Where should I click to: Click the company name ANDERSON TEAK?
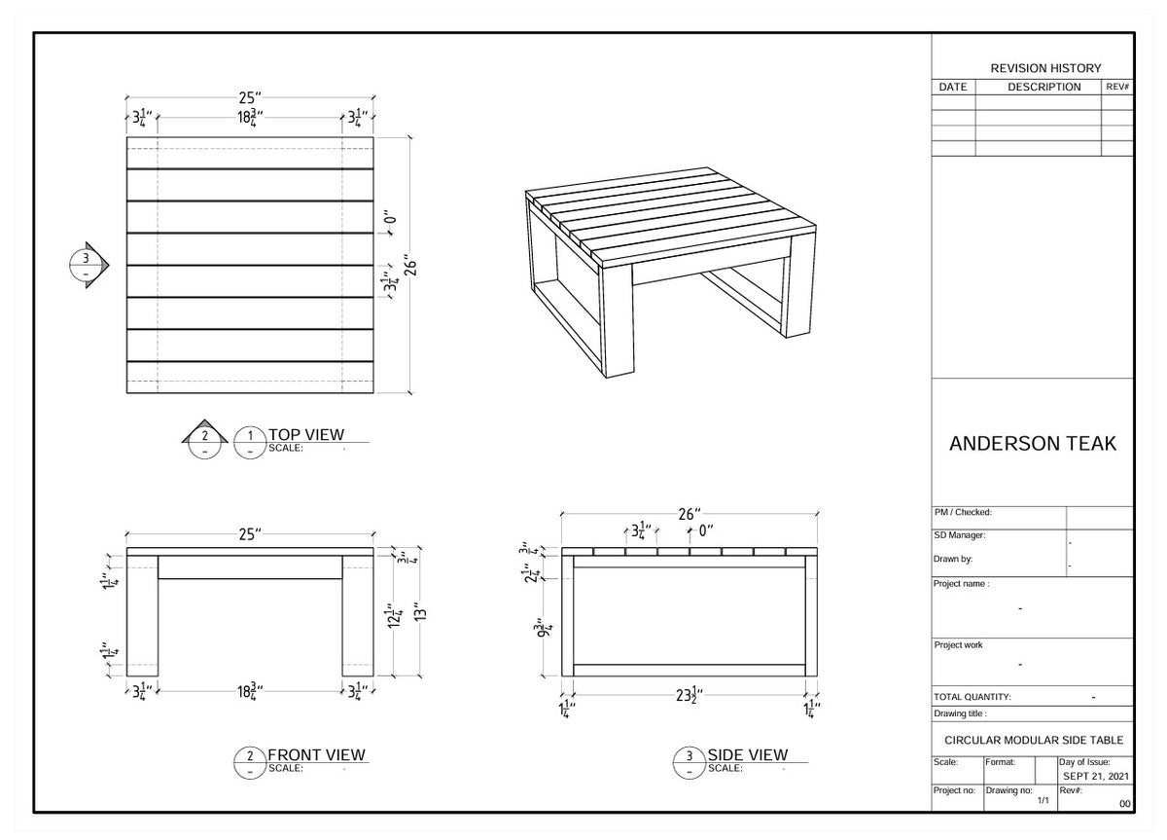pyautogui.click(x=1032, y=444)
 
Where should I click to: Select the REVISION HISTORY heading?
pyautogui.click(x=1045, y=68)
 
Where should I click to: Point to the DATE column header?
pyautogui.click(x=952, y=87)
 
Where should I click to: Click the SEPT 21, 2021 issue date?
pyautogui.click(x=1095, y=776)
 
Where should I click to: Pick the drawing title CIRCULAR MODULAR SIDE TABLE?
pyautogui.click(x=1033, y=740)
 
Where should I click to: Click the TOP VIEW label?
pyautogui.click(x=305, y=434)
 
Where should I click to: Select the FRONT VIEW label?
pyautogui.click(x=316, y=754)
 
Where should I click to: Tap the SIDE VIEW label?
pyautogui.click(x=747, y=754)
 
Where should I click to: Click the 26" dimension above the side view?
pyautogui.click(x=689, y=514)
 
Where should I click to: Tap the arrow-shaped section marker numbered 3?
pyautogui.click(x=90, y=264)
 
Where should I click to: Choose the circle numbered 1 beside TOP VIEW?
pyautogui.click(x=251, y=441)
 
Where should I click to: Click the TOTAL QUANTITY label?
pyautogui.click(x=972, y=697)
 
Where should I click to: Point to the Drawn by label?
pyautogui.click(x=953, y=560)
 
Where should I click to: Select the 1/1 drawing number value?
pyautogui.click(x=1043, y=800)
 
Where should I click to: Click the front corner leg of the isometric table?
pyautogui.click(x=618, y=321)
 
